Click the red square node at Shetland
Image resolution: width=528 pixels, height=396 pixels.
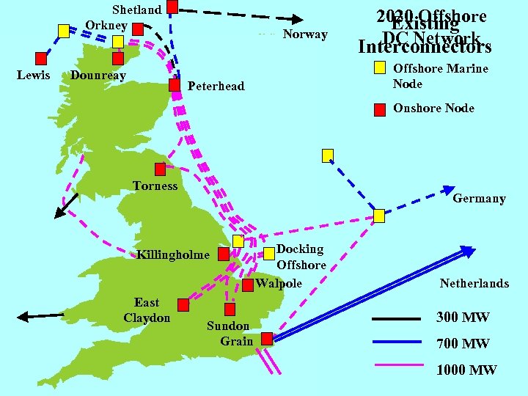click(172, 7)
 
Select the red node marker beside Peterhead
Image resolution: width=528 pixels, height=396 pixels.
click(175, 85)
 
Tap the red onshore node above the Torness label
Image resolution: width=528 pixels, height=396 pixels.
click(160, 169)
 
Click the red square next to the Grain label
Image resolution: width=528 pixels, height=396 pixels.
click(267, 338)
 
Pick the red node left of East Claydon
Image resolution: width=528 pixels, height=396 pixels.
click(183, 304)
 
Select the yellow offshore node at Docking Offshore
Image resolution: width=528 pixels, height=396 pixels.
click(238, 241)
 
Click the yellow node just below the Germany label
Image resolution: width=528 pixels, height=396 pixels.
click(379, 216)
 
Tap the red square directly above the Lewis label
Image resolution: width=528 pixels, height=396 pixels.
click(42, 58)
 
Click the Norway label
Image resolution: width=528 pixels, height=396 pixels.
click(305, 34)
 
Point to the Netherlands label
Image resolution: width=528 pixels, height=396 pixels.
click(474, 283)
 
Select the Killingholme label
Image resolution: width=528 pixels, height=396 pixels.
click(172, 255)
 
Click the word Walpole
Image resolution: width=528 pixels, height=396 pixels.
click(279, 283)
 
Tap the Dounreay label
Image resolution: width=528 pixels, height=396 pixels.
click(98, 76)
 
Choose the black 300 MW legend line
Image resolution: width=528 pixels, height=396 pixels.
click(397, 319)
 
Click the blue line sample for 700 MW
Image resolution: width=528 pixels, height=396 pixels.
click(397, 342)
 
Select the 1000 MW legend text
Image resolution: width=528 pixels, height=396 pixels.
click(466, 370)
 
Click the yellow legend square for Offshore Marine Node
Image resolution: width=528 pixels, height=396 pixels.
click(379, 68)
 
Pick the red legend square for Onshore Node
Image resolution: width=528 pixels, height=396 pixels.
click(379, 110)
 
